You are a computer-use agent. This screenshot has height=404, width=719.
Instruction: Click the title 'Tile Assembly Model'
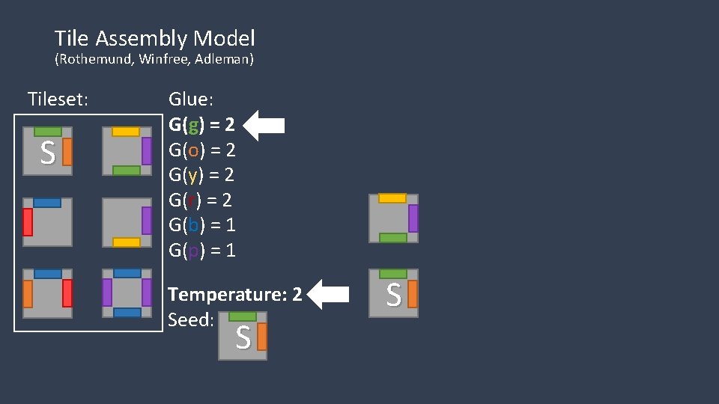coord(154,38)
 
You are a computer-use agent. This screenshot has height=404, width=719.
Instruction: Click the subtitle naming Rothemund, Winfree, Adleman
coord(154,59)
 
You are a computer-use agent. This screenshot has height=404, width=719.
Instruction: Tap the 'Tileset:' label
coord(58,99)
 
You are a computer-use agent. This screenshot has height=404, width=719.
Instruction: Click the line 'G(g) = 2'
coord(202,124)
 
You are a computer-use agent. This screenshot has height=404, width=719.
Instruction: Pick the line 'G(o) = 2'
coord(202,150)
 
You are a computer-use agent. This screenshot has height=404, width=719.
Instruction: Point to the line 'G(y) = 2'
coord(202,175)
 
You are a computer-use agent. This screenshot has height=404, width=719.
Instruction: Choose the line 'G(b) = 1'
coord(202,224)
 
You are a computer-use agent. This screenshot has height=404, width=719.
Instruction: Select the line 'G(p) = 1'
coord(202,250)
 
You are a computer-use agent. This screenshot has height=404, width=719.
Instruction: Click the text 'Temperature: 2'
coord(235,294)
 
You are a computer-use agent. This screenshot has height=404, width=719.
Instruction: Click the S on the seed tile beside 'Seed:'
coord(243,338)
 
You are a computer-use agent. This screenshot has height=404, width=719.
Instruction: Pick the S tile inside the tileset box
coord(47,152)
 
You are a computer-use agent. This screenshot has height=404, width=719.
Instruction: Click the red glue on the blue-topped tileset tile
coord(28,222)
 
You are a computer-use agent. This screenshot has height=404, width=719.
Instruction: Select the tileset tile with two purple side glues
coord(127,293)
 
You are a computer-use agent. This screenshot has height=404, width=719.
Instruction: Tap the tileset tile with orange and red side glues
coord(47,293)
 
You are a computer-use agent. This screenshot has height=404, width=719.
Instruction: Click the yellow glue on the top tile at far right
coord(392,198)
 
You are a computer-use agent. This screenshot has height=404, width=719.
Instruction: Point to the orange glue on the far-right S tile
coord(412,295)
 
